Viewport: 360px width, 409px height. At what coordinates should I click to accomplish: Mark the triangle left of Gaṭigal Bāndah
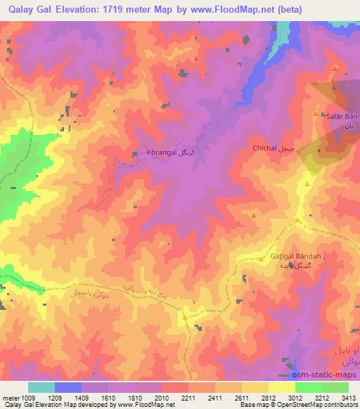[x=261, y=259]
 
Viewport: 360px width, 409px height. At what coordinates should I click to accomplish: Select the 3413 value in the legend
[x=347, y=398]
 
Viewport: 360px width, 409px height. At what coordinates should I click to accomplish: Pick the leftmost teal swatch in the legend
[x=41, y=387]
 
